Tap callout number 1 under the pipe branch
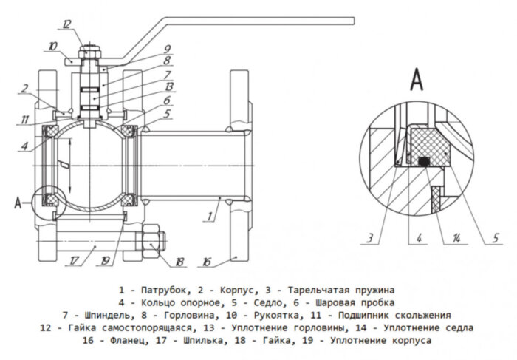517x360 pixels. tap(211, 217)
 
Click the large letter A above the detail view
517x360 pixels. tap(417, 77)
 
